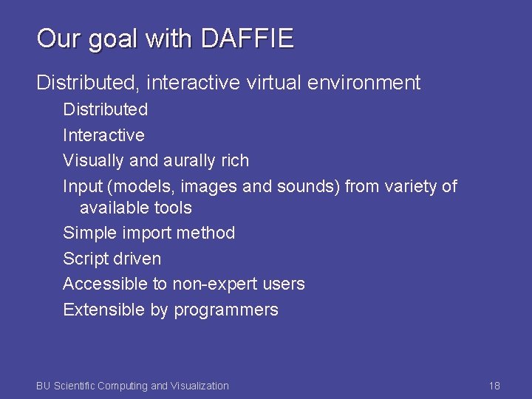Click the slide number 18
494,386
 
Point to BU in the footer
43,386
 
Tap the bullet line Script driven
112,259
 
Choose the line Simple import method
149,233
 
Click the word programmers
225,310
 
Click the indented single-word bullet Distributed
105,109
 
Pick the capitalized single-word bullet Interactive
103,135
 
